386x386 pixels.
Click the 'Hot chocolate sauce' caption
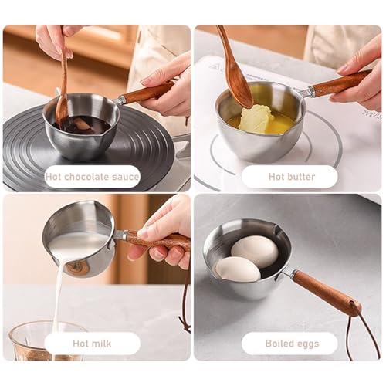point(92,177)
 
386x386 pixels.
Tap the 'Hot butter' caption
point(292,177)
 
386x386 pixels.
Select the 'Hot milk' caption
point(92,344)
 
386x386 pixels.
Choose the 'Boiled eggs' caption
point(292,344)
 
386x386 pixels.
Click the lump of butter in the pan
point(256,119)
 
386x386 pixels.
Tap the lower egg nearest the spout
point(238,269)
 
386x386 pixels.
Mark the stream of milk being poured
point(58,296)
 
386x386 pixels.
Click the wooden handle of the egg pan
point(327,292)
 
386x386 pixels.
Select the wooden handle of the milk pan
point(158,241)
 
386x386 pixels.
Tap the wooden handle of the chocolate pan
point(147,92)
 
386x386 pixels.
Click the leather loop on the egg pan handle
point(367,334)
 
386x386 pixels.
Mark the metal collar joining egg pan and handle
point(289,273)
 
